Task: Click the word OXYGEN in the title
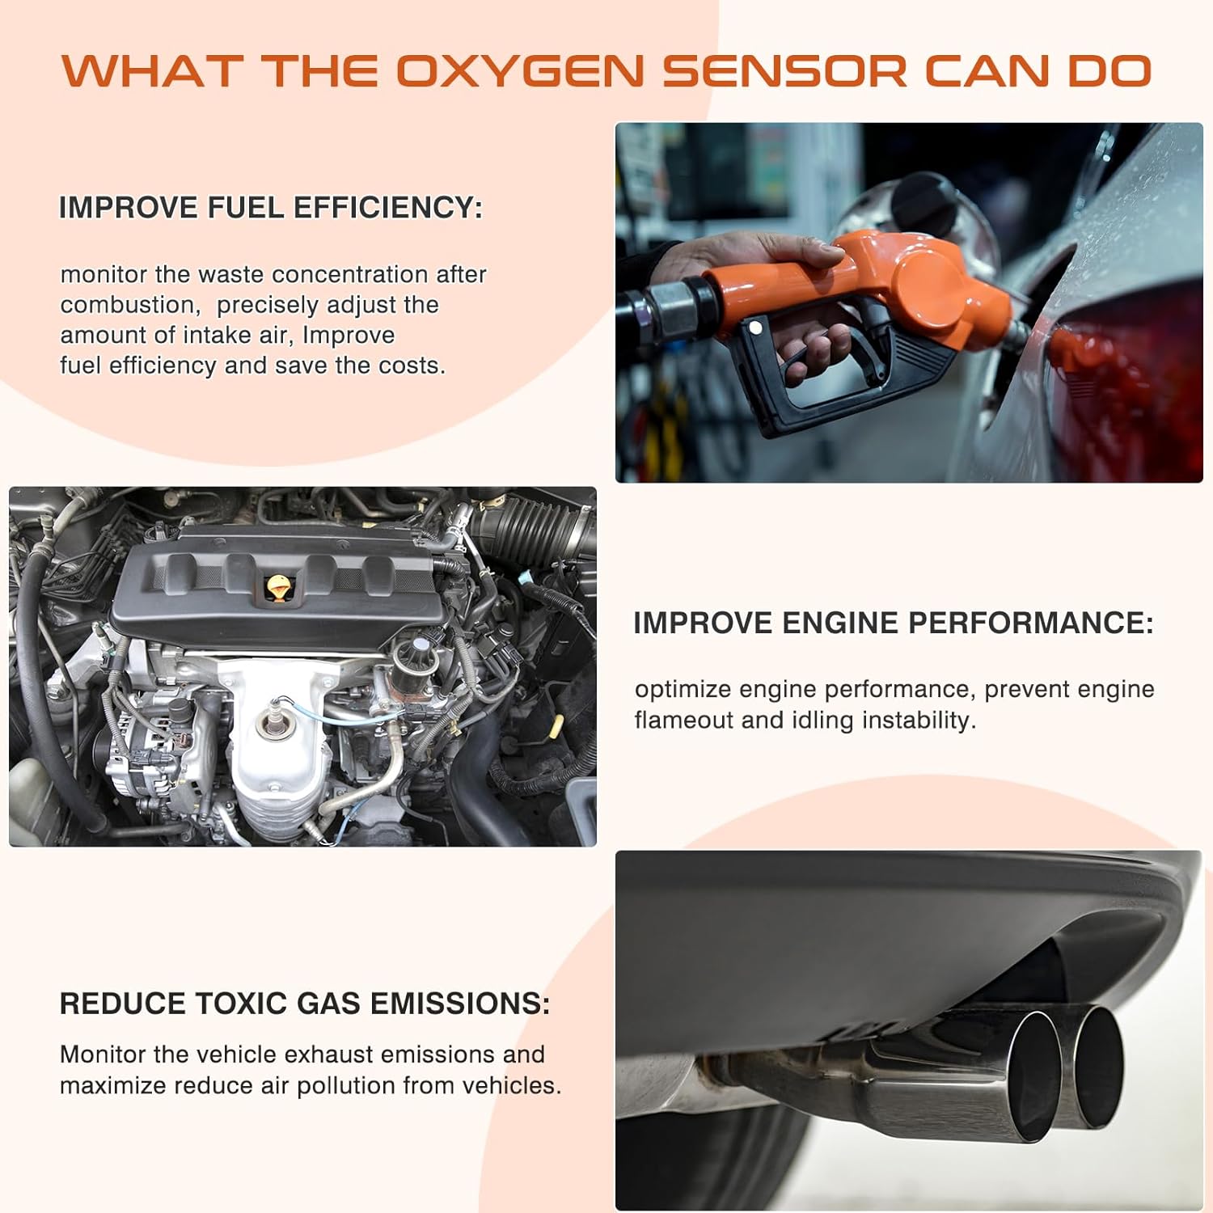520,71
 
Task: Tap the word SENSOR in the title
784,71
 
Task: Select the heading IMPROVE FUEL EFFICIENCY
270,208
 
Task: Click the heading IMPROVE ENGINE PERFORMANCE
893,623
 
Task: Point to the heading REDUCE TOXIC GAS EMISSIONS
304,1004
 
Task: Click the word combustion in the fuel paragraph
129,305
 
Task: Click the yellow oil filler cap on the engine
277,588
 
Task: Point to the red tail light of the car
1132,372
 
